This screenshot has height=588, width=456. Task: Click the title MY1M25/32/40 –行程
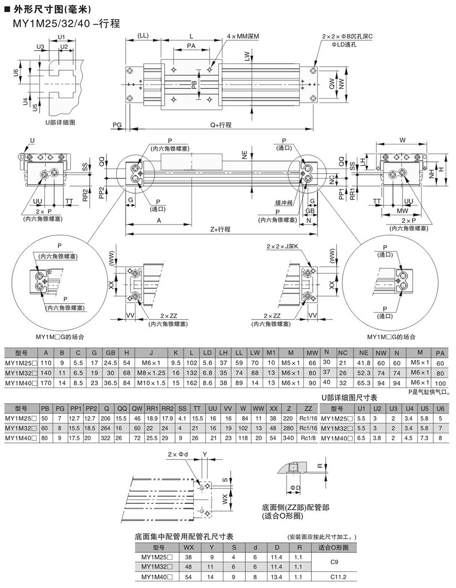[x=66, y=24]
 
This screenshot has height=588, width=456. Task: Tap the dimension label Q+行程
[x=221, y=125]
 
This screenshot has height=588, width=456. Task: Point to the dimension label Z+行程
[x=220, y=229]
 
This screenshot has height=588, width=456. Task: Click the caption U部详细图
[x=60, y=122]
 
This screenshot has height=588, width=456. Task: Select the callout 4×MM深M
[x=243, y=36]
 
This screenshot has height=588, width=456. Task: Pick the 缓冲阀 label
[x=284, y=203]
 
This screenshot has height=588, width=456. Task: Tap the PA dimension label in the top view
[x=191, y=46]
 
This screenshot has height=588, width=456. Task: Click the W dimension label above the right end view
[x=402, y=140]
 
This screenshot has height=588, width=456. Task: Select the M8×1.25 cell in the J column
[x=151, y=373]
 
